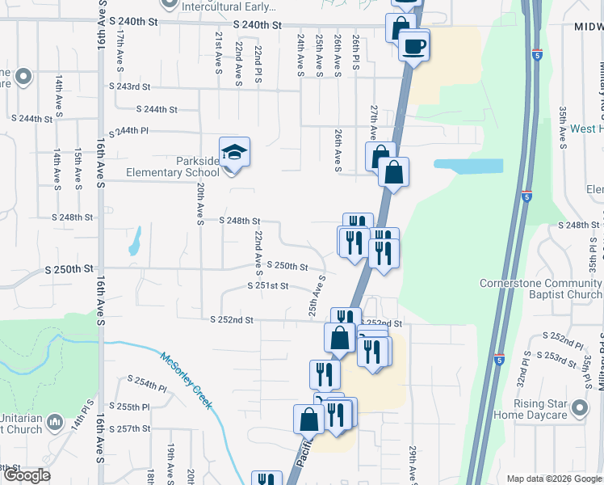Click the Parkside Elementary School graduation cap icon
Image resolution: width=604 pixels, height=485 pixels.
pos(234,153)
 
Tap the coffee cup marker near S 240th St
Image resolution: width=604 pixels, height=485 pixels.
pos(413,45)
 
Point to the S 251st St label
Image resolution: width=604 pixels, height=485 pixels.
pos(267,285)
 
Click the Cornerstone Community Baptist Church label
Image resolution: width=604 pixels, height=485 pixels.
pos(541,289)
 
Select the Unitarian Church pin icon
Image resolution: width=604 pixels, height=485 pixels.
pos(55,422)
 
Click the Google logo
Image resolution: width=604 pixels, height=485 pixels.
pos(26,475)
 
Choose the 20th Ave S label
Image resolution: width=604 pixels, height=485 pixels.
pos(199,202)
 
